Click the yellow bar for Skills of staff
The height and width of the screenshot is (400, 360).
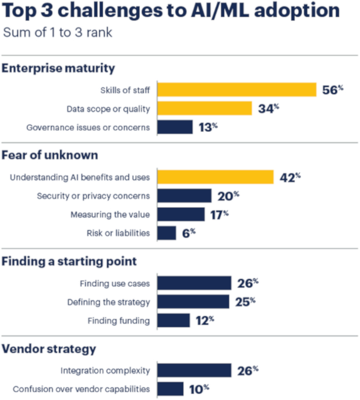coord(237,89)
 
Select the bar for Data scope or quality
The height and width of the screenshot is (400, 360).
coord(204,108)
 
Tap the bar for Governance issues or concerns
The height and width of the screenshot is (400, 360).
coord(175,127)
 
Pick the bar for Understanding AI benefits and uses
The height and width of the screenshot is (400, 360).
coord(215,177)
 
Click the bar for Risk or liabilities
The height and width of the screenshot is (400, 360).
coord(166,233)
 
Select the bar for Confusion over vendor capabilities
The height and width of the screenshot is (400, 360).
coord(170,389)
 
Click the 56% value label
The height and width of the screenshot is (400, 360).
coord(332,90)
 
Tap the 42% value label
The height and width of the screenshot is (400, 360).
coord(290,177)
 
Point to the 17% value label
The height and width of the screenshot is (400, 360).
coord(219,214)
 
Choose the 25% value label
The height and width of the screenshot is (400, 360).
coord(245,302)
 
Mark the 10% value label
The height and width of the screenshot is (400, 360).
coord(199,389)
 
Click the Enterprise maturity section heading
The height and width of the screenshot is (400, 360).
coord(59,68)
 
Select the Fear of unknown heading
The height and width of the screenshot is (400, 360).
coord(50,155)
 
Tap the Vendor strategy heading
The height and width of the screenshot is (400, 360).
coord(49,349)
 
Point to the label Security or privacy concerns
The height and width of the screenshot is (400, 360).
coord(93,196)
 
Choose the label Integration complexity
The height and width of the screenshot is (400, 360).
coord(105,370)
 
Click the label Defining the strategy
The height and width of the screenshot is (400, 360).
coord(109,302)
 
